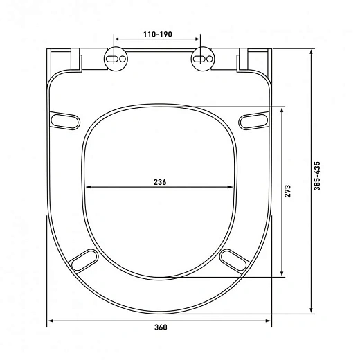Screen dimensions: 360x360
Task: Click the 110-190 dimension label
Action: [158, 35]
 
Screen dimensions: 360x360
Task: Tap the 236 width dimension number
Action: [160, 182]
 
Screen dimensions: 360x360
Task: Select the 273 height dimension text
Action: [287, 191]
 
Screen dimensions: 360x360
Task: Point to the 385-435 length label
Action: [317, 176]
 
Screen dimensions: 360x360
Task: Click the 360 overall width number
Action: [161, 327]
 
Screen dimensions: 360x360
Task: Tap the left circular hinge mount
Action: [116, 59]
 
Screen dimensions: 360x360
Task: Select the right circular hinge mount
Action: [203, 59]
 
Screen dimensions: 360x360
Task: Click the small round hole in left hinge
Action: [123, 59]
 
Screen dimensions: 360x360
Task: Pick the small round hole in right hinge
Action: [210, 59]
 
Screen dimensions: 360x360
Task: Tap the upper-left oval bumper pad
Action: [65, 120]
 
